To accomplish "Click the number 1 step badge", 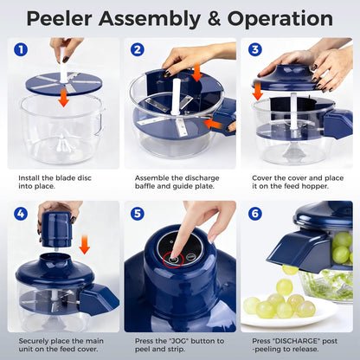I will [22, 50].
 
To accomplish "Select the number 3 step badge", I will [255, 50].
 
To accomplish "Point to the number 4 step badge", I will [22, 213].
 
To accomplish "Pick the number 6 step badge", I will [255, 213].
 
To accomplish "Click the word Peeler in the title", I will [67, 17].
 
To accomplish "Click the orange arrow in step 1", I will [63, 98].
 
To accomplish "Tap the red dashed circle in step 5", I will [176, 256].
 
